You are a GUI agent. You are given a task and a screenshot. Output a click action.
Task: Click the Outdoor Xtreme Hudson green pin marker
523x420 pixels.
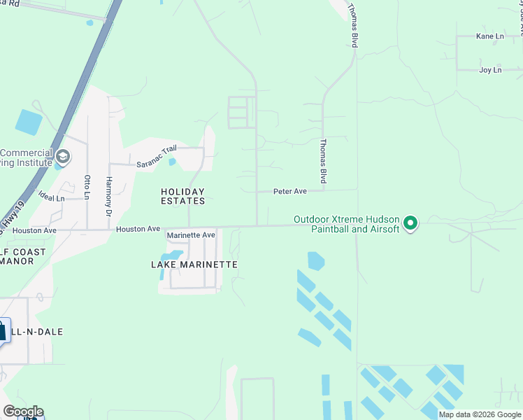(x=411, y=223)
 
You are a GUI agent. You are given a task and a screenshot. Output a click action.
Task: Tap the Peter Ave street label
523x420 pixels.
(x=290, y=190)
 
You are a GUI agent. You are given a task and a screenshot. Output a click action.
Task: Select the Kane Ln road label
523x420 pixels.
(x=489, y=36)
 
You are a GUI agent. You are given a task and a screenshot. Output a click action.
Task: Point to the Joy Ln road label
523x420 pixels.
(x=490, y=70)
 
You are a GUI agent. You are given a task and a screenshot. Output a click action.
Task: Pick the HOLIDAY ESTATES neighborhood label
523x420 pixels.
(x=183, y=196)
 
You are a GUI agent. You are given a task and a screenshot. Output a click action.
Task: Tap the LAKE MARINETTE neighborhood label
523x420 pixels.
(x=194, y=265)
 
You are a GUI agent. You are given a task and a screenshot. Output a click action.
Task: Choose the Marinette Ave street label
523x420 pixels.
(x=191, y=235)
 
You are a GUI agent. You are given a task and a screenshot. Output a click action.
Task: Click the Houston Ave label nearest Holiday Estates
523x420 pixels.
(x=138, y=229)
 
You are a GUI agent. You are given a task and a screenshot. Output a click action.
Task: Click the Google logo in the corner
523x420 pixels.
(x=22, y=412)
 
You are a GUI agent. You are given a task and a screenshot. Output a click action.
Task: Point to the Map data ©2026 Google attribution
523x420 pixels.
(x=480, y=414)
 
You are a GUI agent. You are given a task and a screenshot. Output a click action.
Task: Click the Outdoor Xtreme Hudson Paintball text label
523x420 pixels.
(x=346, y=224)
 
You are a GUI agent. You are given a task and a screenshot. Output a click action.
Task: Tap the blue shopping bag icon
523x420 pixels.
(x=3, y=330)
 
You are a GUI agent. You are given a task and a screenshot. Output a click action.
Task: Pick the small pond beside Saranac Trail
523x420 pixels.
(x=172, y=162)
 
